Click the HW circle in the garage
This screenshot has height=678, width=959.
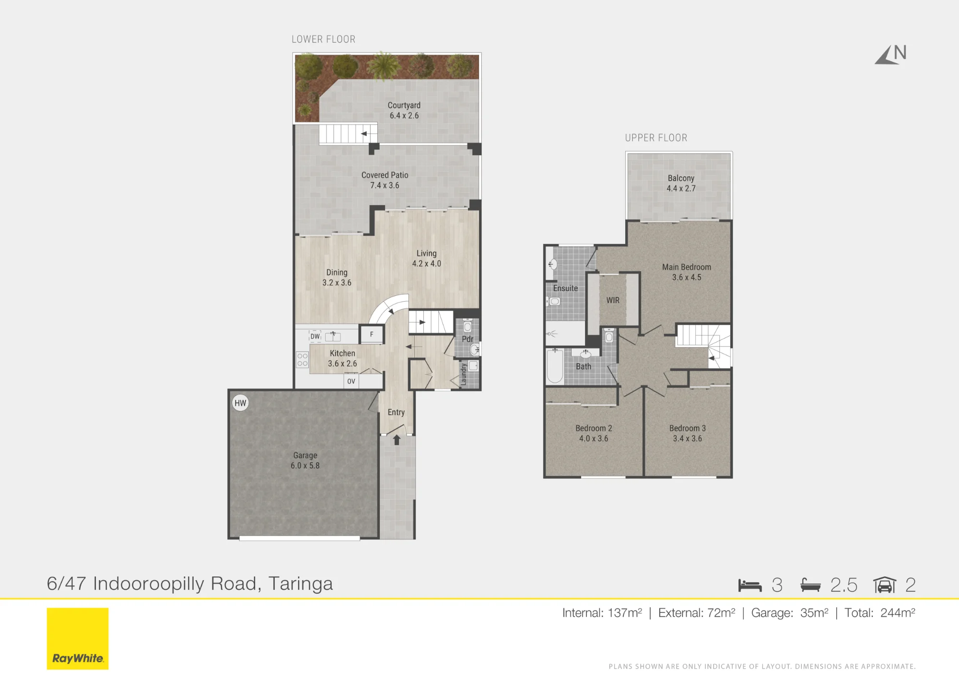click(x=240, y=403)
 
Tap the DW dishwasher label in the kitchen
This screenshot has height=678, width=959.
click(x=315, y=336)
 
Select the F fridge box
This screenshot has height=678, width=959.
click(x=372, y=334)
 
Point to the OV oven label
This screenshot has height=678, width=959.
click(x=351, y=381)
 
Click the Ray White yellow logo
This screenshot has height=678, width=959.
click(x=78, y=638)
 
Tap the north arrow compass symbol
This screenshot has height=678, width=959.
click(x=890, y=54)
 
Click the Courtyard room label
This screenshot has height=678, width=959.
click(x=404, y=105)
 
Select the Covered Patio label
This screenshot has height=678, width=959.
click(x=385, y=175)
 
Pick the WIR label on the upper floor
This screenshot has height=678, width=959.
click(x=613, y=300)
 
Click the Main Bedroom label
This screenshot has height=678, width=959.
click(x=687, y=267)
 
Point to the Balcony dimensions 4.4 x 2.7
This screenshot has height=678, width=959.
click(x=681, y=188)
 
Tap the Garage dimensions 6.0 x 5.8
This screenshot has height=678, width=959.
click(x=305, y=466)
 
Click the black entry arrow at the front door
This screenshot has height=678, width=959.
click(x=397, y=440)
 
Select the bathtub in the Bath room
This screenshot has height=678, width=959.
click(x=555, y=366)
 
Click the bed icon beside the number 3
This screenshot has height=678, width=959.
click(x=750, y=585)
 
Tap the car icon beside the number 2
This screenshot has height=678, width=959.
click(x=885, y=585)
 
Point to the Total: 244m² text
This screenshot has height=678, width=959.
click(x=880, y=613)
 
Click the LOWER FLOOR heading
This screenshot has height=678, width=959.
click(x=324, y=39)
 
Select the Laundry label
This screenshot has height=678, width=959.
click(x=464, y=374)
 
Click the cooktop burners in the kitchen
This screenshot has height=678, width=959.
click(x=302, y=360)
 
